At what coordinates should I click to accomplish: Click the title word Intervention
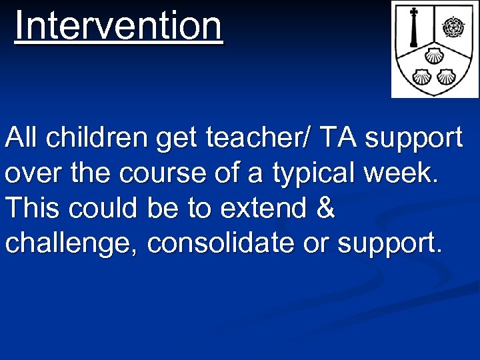(x=119, y=25)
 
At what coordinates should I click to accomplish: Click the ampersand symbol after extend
(x=325, y=209)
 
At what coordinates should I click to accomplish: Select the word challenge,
(x=72, y=244)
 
